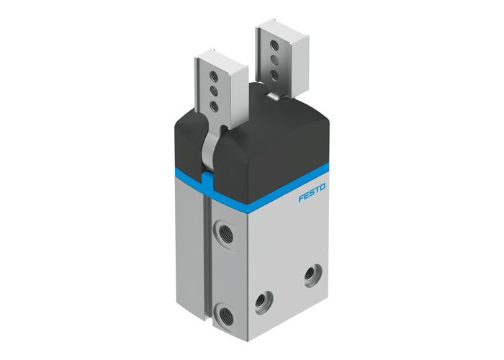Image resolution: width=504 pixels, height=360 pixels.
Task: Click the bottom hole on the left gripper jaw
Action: pyautogui.click(x=214, y=105)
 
